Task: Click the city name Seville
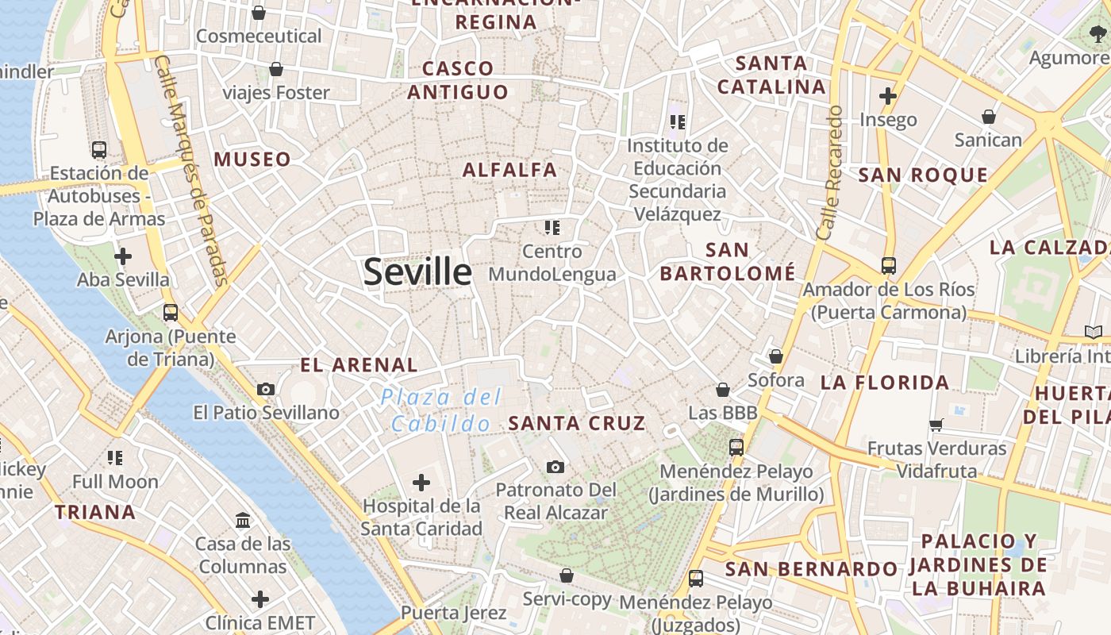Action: click(417, 272)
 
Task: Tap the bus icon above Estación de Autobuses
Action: click(99, 149)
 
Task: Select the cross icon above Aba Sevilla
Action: click(123, 256)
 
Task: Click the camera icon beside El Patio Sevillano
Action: click(266, 389)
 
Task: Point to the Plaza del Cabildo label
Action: click(441, 410)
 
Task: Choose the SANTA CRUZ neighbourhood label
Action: click(576, 423)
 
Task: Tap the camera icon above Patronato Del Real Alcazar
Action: click(555, 467)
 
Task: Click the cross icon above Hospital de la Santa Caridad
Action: click(421, 482)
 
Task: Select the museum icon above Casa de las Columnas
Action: click(243, 521)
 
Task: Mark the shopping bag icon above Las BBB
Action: click(722, 390)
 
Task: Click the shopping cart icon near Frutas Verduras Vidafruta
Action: click(936, 425)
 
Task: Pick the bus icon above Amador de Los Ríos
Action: click(888, 266)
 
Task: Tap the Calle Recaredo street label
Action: click(828, 173)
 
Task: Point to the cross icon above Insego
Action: click(887, 97)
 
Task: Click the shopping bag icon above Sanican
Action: click(988, 117)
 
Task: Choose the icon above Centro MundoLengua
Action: click(552, 229)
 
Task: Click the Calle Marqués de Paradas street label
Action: click(190, 171)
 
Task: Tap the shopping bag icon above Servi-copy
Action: click(567, 575)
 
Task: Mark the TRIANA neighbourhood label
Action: click(94, 512)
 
